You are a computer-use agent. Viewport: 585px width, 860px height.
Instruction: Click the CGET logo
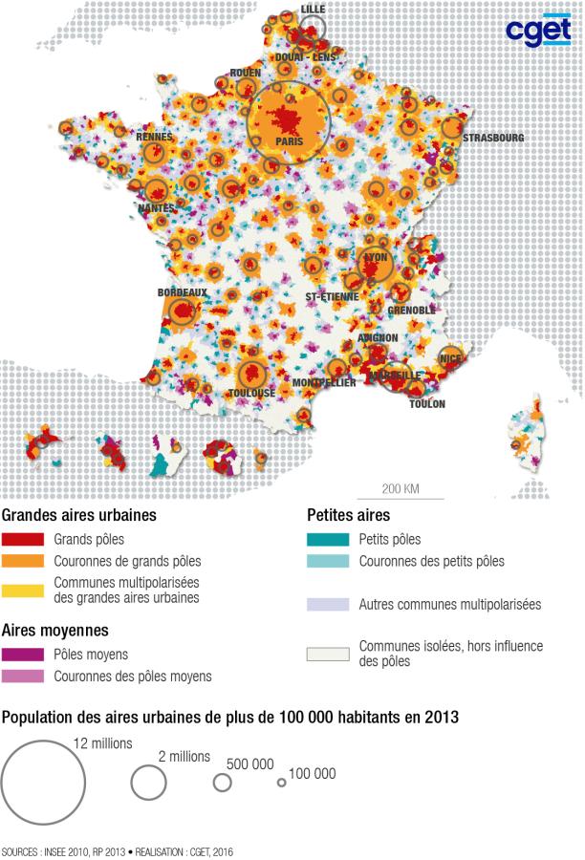pos(538,32)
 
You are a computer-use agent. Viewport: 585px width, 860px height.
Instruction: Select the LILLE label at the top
pos(313,9)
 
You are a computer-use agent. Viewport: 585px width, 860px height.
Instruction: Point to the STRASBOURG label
pos(493,138)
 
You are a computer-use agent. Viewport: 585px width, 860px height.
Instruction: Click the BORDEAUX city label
pos(183,293)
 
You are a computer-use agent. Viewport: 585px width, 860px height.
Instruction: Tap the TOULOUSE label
pos(251,393)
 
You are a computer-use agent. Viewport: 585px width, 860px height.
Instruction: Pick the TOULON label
pos(427,404)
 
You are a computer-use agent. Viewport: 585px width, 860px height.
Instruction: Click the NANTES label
pos(156,207)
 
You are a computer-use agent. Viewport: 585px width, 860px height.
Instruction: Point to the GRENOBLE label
pos(412,311)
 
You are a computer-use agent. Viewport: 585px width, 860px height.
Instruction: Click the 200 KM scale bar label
pos(401,489)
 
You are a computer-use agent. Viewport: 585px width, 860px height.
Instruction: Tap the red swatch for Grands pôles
pos(23,540)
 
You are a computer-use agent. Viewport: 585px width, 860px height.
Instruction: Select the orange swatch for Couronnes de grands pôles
pos(23,561)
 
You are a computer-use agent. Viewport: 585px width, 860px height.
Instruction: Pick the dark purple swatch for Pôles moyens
pos(23,655)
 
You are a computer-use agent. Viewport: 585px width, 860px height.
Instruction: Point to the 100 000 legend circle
pos(281,783)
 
